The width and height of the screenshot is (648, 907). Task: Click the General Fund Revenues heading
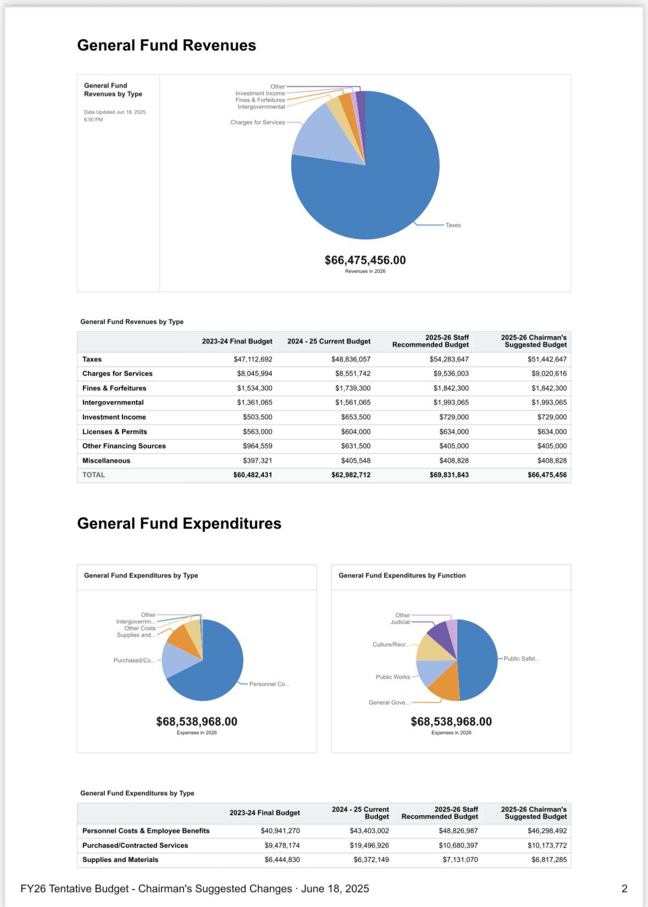click(166, 45)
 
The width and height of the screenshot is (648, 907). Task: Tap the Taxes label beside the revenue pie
click(453, 225)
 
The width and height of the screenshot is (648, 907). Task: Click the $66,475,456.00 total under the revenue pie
click(365, 260)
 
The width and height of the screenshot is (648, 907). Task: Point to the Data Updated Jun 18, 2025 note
click(115, 116)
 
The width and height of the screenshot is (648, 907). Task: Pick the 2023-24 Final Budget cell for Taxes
click(253, 359)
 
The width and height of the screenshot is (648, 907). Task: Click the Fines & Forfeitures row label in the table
click(114, 388)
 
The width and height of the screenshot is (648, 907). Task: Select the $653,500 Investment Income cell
click(356, 417)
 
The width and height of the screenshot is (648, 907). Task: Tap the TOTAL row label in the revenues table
click(93, 475)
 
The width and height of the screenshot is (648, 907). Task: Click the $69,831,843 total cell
click(449, 475)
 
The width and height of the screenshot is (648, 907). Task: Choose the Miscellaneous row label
click(106, 460)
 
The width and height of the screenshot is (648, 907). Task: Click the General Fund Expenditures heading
click(179, 524)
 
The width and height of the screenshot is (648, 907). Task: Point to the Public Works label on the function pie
click(393, 677)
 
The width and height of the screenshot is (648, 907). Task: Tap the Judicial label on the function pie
click(400, 622)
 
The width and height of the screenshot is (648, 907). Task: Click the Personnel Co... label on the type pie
click(269, 684)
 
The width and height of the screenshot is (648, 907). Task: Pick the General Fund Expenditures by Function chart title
click(402, 575)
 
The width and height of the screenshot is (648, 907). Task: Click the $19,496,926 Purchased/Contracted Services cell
click(369, 845)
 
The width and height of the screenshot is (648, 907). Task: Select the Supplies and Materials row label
click(120, 860)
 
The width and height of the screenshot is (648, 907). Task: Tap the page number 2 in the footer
click(624, 889)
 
